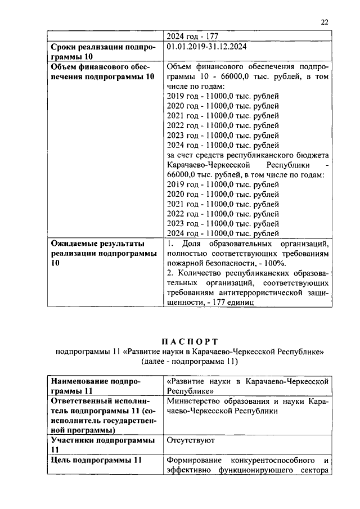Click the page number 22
point(325,22)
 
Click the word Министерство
point(195,402)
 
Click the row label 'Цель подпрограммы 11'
point(95,460)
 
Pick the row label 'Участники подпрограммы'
point(102,440)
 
